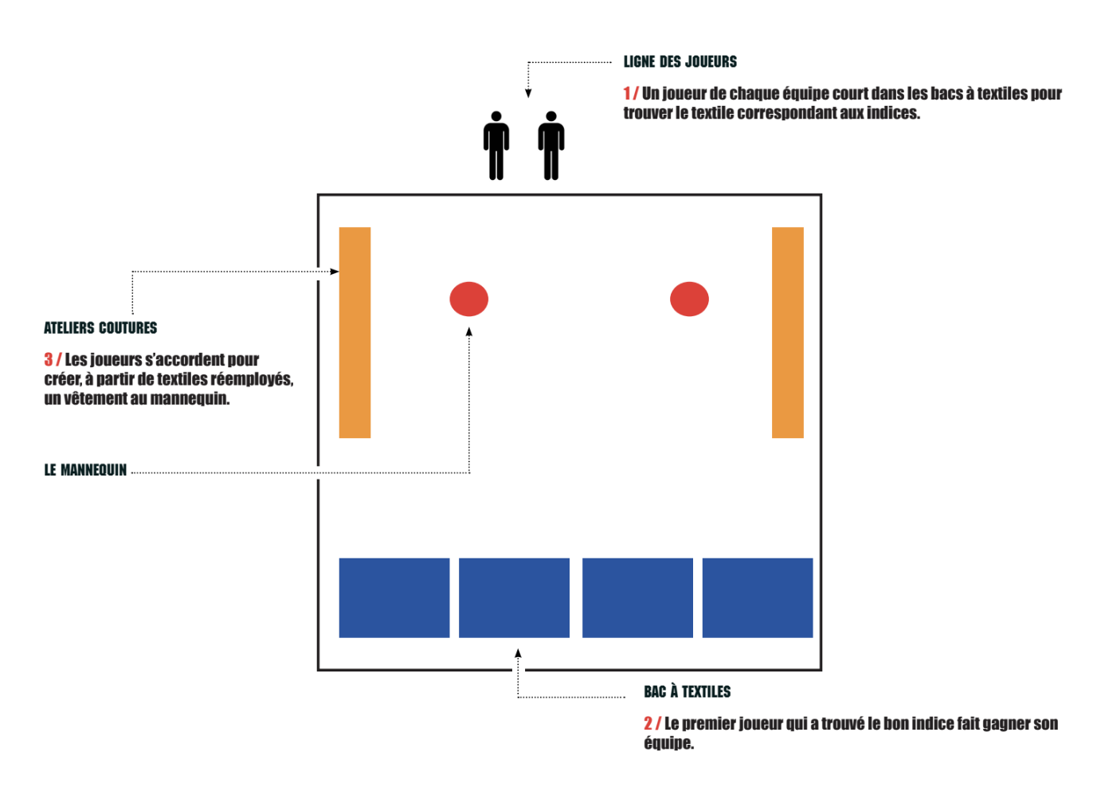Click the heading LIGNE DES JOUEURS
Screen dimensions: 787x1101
[x=680, y=61]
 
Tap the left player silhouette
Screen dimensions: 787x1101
[x=496, y=146]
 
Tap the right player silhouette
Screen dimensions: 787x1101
[x=550, y=146]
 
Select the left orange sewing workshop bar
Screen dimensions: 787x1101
[x=355, y=332]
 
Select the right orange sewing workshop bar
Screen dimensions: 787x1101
[x=787, y=332]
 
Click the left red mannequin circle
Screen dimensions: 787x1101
[x=468, y=299]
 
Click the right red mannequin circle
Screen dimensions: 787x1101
[x=689, y=299]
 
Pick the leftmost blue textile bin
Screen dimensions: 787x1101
[x=394, y=597]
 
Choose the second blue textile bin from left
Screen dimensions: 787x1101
[x=514, y=597]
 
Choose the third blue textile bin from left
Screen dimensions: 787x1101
[x=637, y=597]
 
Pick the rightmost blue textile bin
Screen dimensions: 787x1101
[x=757, y=597]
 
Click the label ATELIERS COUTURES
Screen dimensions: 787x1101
[x=100, y=327]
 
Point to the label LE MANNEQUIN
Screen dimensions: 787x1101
[x=85, y=470]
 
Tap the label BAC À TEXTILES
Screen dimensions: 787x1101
[x=687, y=691]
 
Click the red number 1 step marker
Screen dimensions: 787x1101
[x=628, y=93]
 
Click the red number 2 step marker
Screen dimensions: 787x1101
[x=648, y=723]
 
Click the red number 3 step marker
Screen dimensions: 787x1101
[x=49, y=359]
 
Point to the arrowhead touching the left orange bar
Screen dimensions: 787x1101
[x=335, y=272]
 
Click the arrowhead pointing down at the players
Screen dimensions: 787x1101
[x=528, y=93]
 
